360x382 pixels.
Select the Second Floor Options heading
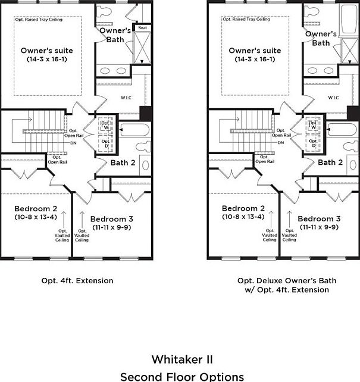pos(181,376)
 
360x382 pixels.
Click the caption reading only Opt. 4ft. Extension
pos(77,280)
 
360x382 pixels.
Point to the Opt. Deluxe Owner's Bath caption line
pos(287,280)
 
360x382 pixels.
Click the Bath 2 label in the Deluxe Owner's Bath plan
pos(330,162)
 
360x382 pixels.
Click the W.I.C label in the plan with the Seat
pos(126,98)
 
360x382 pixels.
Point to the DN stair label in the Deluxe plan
pos(280,142)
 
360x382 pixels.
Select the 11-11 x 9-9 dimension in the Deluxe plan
pos(320,227)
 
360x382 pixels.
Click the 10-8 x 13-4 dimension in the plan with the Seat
pos(35,217)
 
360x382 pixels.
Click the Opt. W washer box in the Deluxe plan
pos(314,126)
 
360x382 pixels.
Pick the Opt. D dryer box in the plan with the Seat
pos(107,143)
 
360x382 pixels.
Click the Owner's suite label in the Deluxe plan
pos(255,51)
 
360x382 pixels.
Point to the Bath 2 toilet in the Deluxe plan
pos(349,147)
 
